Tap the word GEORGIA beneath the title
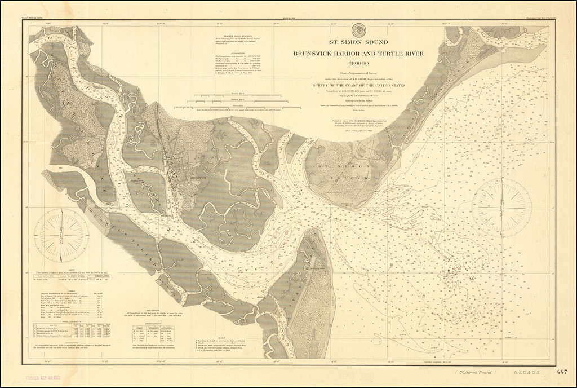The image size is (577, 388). (356, 64)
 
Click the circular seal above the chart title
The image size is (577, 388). (356, 30)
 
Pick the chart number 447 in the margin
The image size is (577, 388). (561, 372)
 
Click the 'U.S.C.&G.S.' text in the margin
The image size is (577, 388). (526, 373)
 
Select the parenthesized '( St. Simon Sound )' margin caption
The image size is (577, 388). (477, 373)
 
